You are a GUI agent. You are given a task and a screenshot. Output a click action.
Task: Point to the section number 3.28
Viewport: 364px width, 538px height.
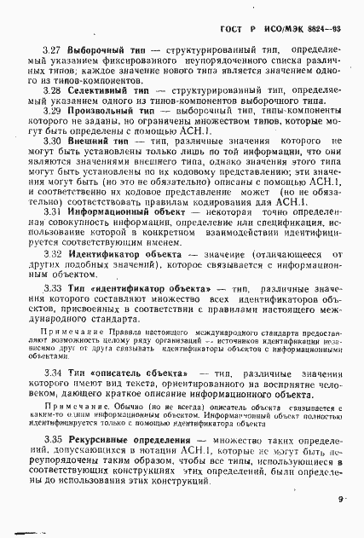51,89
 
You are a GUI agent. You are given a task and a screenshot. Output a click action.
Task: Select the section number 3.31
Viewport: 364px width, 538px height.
51,210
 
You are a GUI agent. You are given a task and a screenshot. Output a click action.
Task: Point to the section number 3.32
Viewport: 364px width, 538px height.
51,253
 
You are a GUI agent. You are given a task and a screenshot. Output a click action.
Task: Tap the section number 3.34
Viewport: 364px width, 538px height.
51,374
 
